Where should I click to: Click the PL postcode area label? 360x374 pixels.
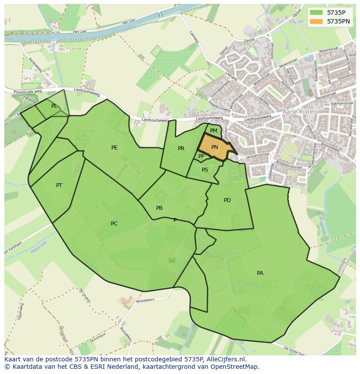pyautogui.click(x=54, y=106)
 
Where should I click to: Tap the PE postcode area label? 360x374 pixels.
pyautogui.click(x=114, y=148)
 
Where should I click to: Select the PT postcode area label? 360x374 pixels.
pyautogui.click(x=59, y=185)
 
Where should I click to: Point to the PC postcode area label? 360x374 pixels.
pyautogui.click(x=114, y=224)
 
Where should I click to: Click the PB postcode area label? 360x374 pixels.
pyautogui.click(x=160, y=208)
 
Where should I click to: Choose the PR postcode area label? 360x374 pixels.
pyautogui.click(x=181, y=149)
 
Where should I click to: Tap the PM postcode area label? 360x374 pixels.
pyautogui.click(x=213, y=130)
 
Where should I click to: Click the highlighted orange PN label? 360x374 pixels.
pyautogui.click(x=215, y=147)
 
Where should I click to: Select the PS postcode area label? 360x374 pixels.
pyautogui.click(x=205, y=170)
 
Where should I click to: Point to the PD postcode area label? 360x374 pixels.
pyautogui.click(x=227, y=200)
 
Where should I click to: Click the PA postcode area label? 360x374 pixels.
pyautogui.click(x=260, y=273)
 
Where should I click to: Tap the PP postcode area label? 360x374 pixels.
pyautogui.click(x=201, y=156)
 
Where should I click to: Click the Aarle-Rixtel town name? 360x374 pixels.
pyautogui.click(x=299, y=112)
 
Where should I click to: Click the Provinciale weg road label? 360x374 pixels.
pyautogui.click(x=28, y=92)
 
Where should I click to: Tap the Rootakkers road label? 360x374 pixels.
pyautogui.click(x=145, y=300)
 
